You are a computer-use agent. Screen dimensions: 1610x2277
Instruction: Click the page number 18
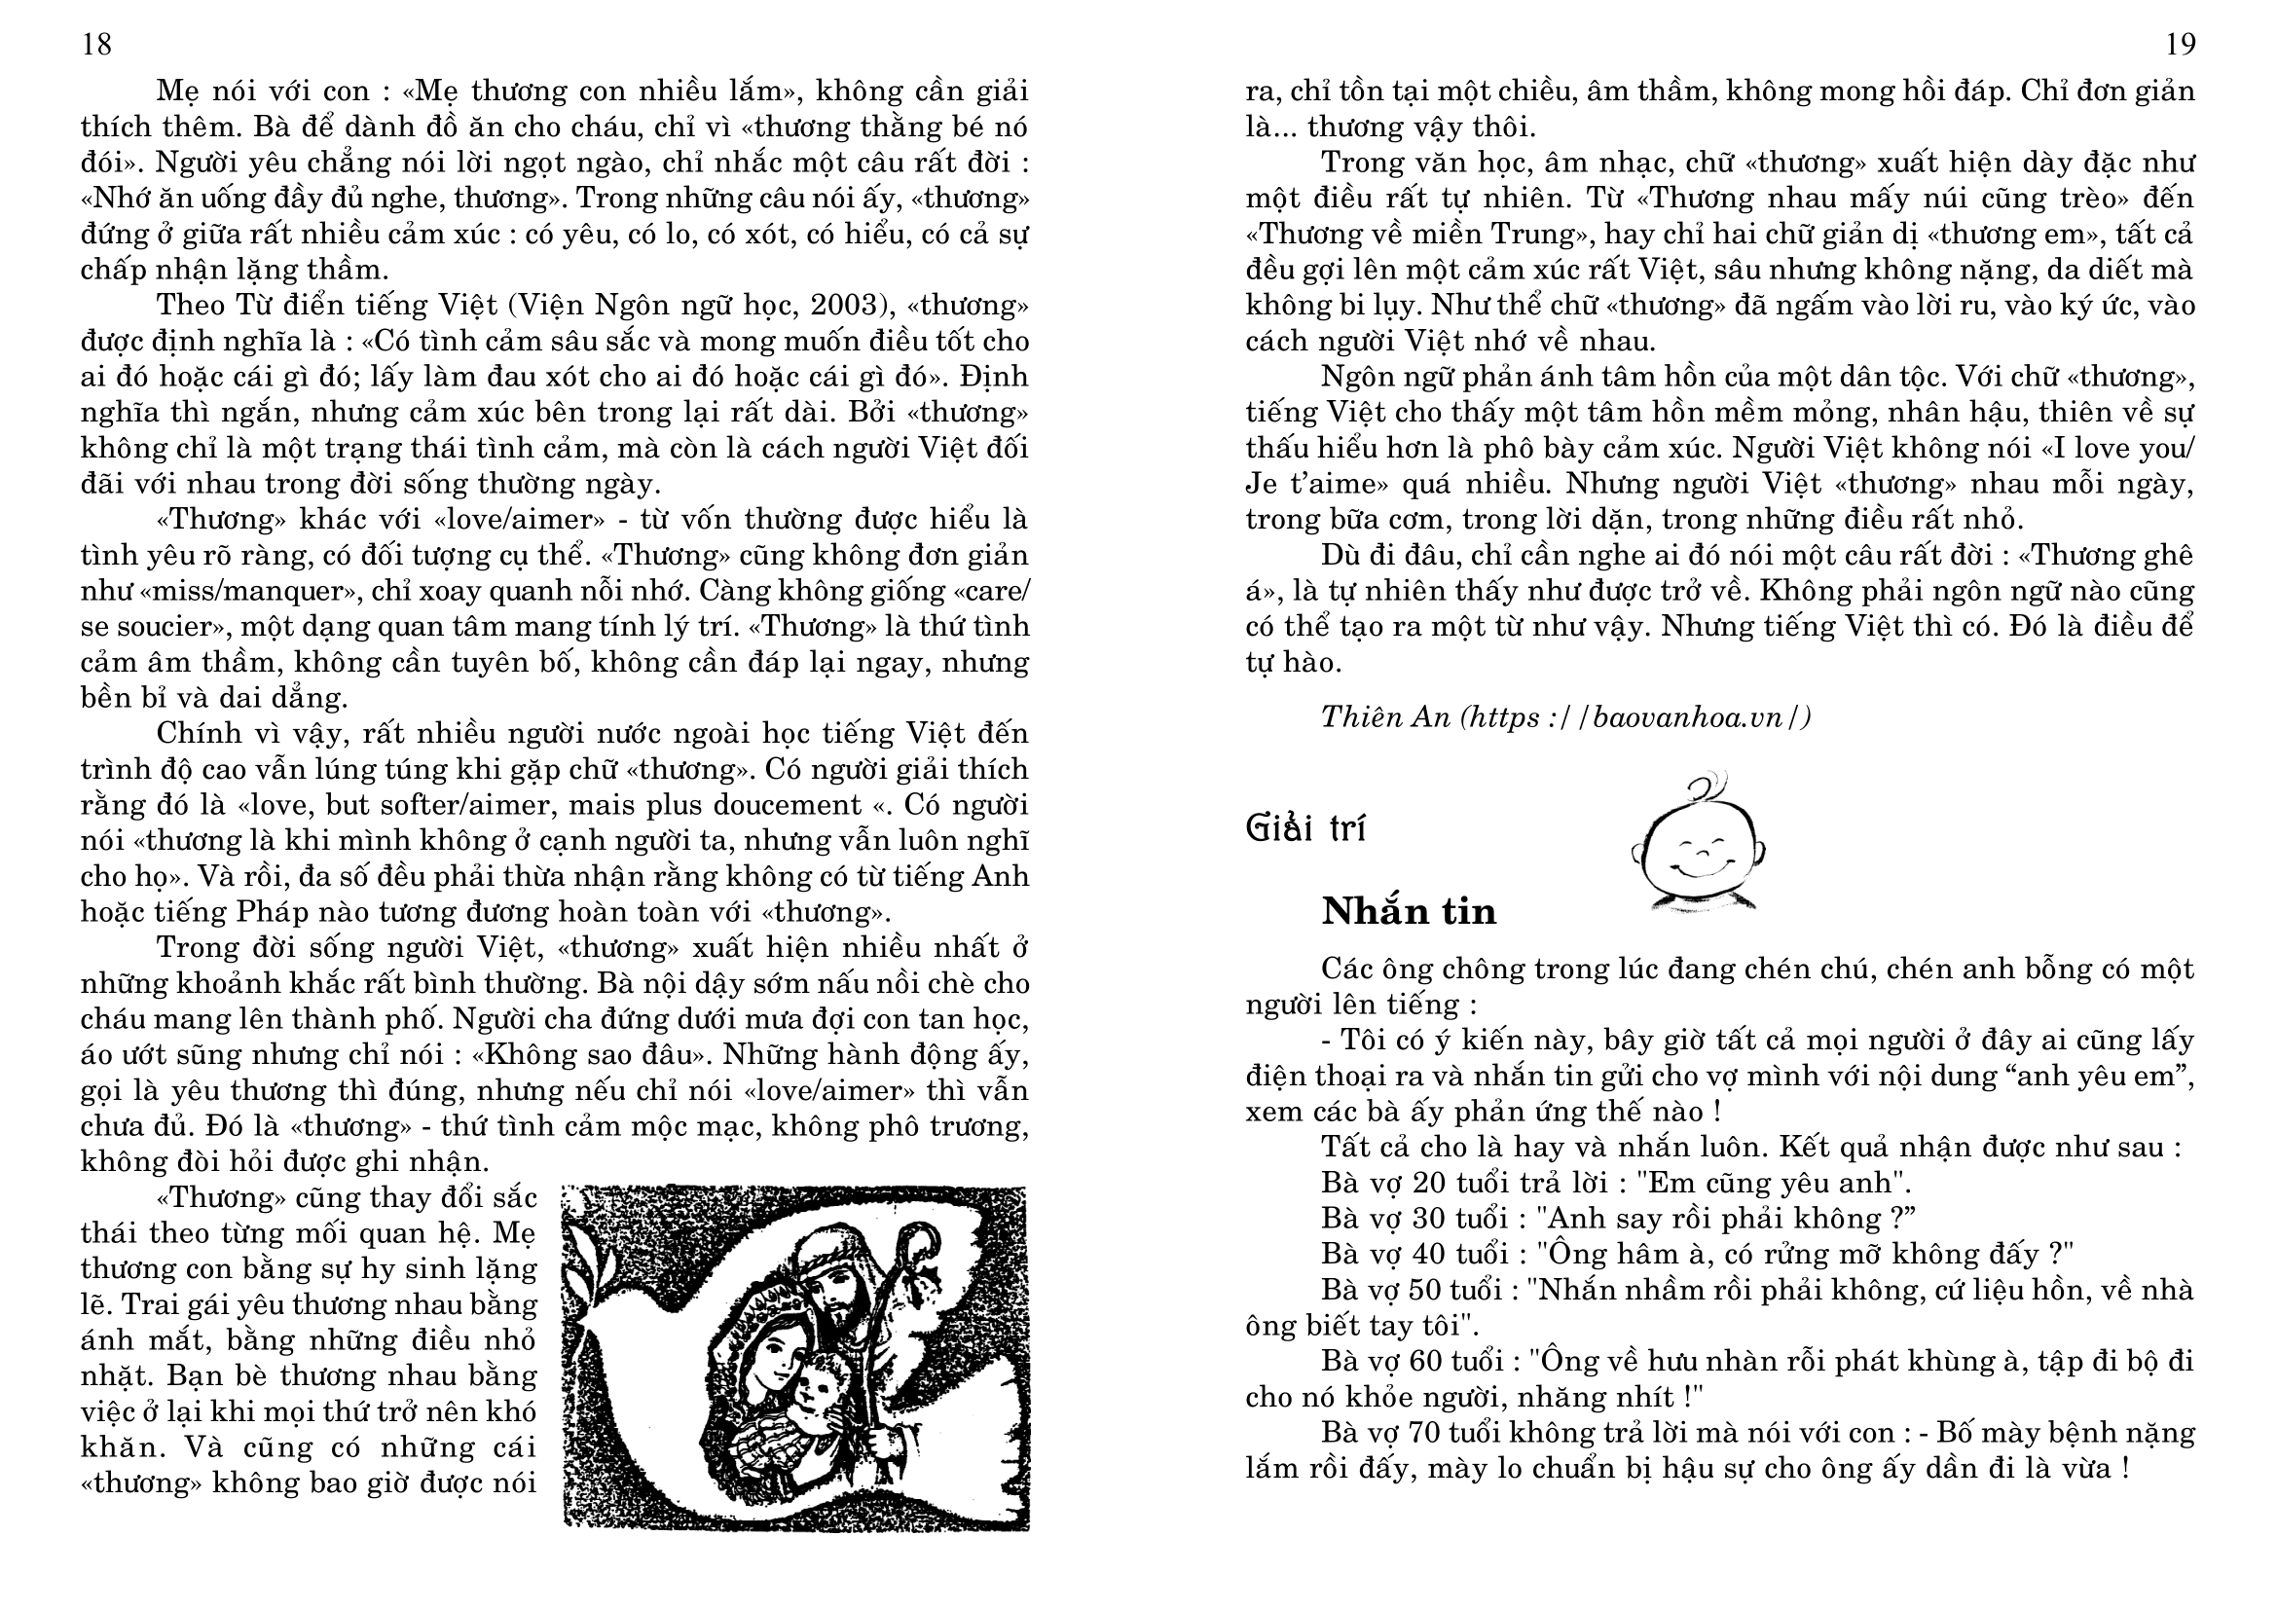tap(96, 45)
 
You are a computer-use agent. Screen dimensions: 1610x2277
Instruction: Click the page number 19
tap(2181, 45)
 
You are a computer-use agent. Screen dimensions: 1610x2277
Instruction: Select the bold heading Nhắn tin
tap(1409, 911)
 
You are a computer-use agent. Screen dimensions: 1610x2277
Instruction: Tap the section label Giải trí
tap(1305, 827)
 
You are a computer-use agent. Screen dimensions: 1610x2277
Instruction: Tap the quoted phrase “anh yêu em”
tap(2108, 1076)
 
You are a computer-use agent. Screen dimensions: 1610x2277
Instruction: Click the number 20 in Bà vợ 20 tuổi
tap(1429, 1183)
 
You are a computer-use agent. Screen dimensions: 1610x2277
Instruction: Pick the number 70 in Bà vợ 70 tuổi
tap(1429, 1433)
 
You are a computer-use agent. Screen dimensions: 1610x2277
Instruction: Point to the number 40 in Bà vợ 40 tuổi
tap(1429, 1254)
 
